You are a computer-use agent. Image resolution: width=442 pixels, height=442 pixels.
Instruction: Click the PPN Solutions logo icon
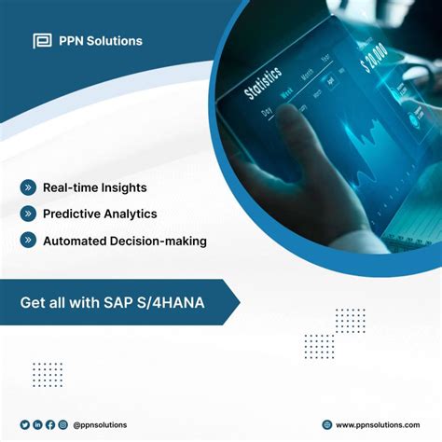click(42, 40)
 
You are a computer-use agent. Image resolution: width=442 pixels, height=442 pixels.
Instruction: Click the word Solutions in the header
click(112, 40)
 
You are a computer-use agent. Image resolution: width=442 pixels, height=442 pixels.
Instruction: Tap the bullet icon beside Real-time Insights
click(29, 187)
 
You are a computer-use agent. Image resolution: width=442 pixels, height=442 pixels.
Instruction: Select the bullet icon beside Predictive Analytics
click(29, 214)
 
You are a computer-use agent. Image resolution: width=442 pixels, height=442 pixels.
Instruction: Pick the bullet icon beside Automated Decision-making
click(29, 241)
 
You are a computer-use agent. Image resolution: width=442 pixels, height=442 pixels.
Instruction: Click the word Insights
click(124, 187)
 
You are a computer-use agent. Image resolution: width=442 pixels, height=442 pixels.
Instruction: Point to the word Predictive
click(73, 214)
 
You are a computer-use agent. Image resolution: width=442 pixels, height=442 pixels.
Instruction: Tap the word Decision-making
click(159, 241)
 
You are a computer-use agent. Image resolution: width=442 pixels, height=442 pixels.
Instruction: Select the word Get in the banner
click(33, 303)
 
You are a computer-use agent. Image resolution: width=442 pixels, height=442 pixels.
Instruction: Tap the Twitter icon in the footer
click(25, 424)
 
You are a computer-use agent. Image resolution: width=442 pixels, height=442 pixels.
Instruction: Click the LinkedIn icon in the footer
click(38, 424)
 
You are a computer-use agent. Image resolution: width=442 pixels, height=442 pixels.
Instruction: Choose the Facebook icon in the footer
click(50, 424)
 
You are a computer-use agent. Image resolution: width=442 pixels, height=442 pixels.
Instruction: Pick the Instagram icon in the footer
click(62, 424)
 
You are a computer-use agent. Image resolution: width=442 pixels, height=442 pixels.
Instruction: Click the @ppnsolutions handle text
click(100, 424)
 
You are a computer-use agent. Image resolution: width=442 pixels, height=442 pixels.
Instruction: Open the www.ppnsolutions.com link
click(379, 424)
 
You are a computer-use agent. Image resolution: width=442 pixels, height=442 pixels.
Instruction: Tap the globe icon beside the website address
click(326, 424)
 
